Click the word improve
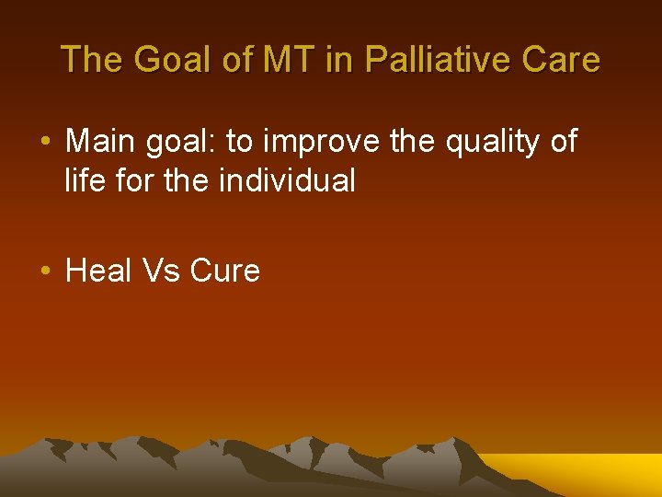coord(311,142)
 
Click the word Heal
coord(99,271)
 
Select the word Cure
coord(225,271)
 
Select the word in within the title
coord(344,61)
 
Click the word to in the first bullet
coord(239,143)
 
